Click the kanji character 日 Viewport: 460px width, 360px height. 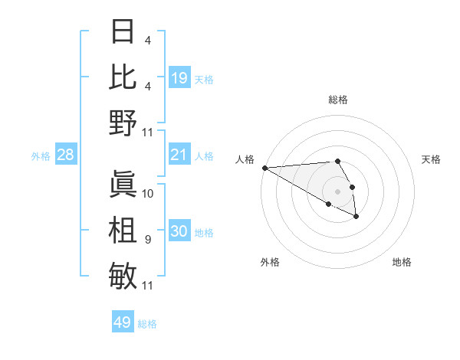coord(123,32)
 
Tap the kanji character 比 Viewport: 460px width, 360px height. coord(123,77)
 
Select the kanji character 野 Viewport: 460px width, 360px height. coord(123,123)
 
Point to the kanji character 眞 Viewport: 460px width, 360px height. coord(123,183)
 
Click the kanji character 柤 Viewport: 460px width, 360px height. coord(123,229)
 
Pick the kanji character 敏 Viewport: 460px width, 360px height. coord(123,274)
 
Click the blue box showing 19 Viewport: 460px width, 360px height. coord(179,77)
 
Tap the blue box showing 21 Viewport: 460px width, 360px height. coord(179,155)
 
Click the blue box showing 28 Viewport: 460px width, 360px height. coord(66,155)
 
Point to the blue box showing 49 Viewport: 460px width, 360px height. coord(123,322)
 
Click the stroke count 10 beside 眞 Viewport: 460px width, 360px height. coord(149,193)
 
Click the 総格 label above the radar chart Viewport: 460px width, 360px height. coord(337,100)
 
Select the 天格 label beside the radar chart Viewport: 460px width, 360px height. coord(431,159)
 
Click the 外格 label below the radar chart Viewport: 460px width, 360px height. coord(270,262)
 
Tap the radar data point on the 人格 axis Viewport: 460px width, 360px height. coord(264,168)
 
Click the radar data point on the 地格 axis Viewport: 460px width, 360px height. coord(356,218)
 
